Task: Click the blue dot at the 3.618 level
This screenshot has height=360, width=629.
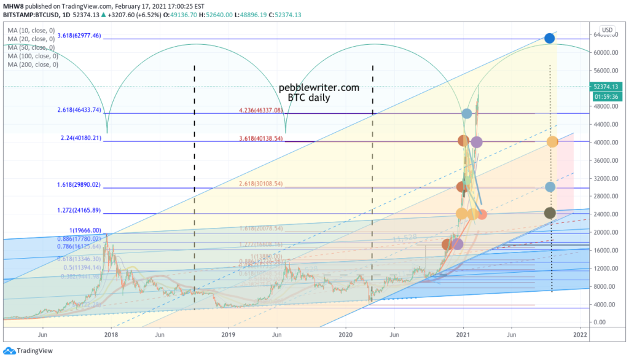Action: [550, 39]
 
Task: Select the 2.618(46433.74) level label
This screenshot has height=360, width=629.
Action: [84, 111]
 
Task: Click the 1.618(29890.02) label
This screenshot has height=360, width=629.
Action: [84, 184]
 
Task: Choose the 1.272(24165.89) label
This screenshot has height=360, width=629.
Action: [84, 211]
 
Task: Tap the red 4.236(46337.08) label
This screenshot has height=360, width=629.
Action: [268, 111]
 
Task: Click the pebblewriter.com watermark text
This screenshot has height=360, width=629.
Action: [319, 88]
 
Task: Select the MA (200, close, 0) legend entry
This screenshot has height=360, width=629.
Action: [33, 65]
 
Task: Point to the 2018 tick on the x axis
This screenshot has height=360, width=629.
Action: [111, 335]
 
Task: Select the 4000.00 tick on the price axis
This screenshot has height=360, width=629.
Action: [606, 304]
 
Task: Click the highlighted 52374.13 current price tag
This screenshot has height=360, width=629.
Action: [606, 87]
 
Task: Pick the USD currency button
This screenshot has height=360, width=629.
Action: [607, 30]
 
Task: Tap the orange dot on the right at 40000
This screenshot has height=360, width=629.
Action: [552, 142]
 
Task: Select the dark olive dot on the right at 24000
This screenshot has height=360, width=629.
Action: [550, 213]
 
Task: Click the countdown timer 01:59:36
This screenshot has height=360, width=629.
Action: [606, 96]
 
